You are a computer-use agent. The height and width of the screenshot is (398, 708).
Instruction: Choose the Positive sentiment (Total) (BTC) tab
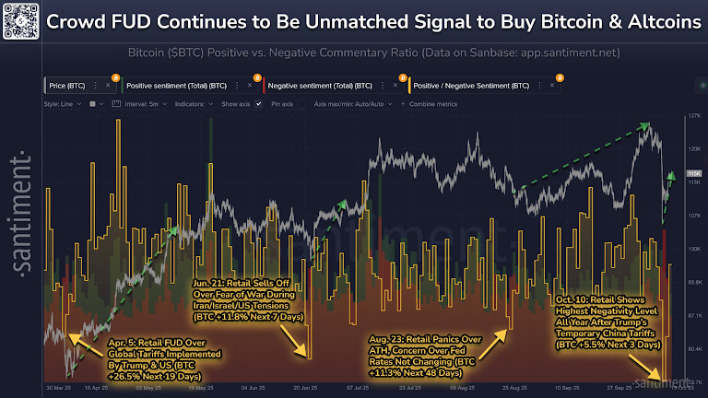coord(175,86)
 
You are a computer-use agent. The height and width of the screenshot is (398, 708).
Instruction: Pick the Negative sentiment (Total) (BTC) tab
coord(313,86)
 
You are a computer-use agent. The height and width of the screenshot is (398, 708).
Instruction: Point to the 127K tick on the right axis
coord(692,117)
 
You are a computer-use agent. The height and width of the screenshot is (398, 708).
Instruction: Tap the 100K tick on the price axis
coord(692,249)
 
